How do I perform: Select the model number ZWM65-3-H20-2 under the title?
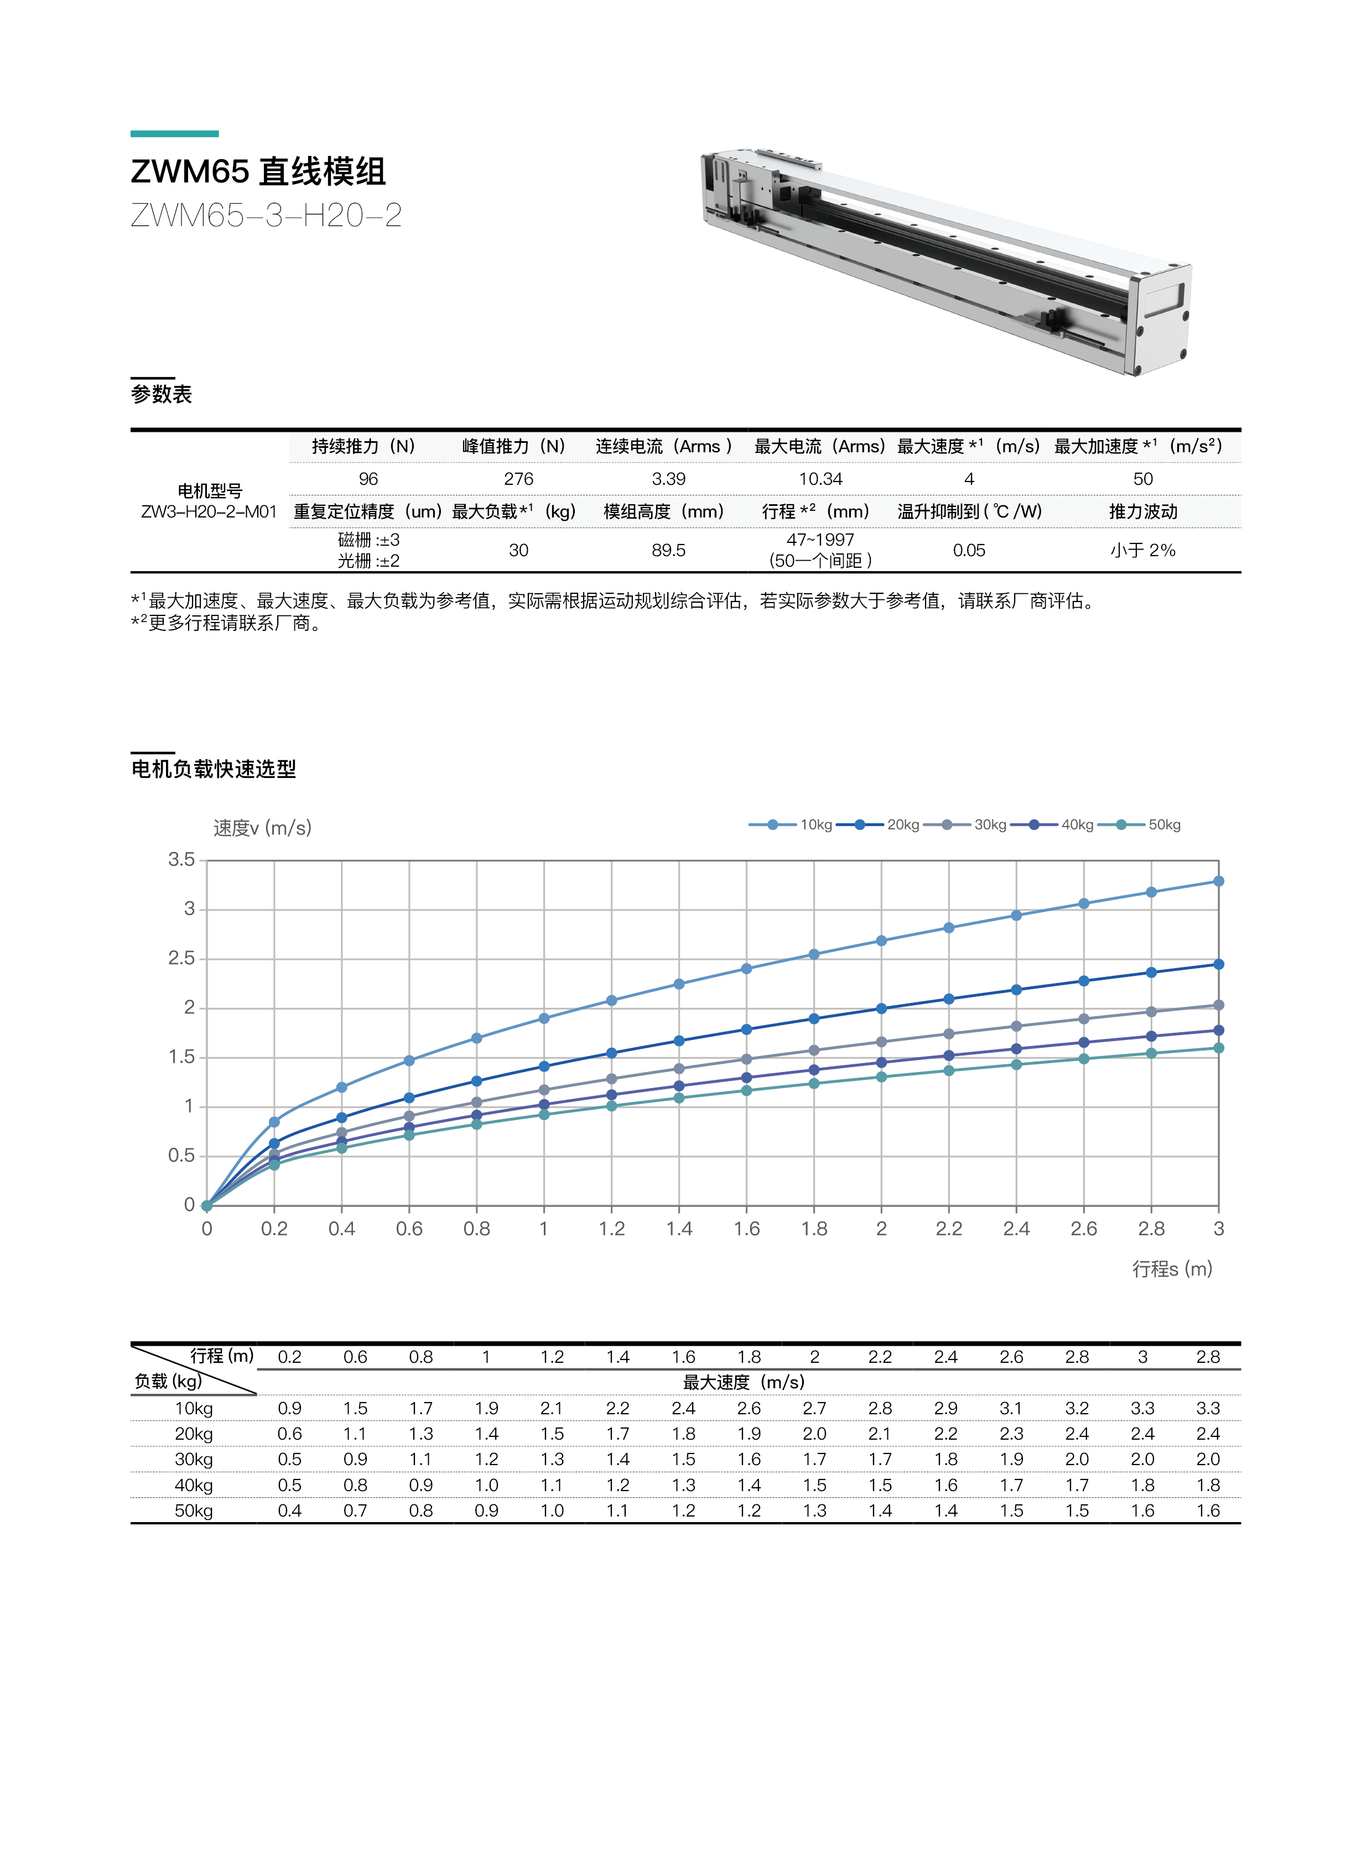click(x=266, y=216)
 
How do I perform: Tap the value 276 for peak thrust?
click(x=518, y=479)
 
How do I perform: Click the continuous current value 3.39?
click(x=668, y=479)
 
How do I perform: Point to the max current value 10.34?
click(x=820, y=479)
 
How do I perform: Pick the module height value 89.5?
click(x=668, y=550)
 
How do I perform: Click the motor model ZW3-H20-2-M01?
click(x=209, y=512)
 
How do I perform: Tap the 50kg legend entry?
click(x=1163, y=824)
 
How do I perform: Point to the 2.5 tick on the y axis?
click(x=182, y=958)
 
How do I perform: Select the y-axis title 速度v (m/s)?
click(x=262, y=828)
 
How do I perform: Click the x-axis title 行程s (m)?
click(x=1172, y=1268)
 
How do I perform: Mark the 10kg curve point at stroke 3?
click(x=1218, y=881)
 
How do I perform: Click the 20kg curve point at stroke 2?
click(x=881, y=1008)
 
